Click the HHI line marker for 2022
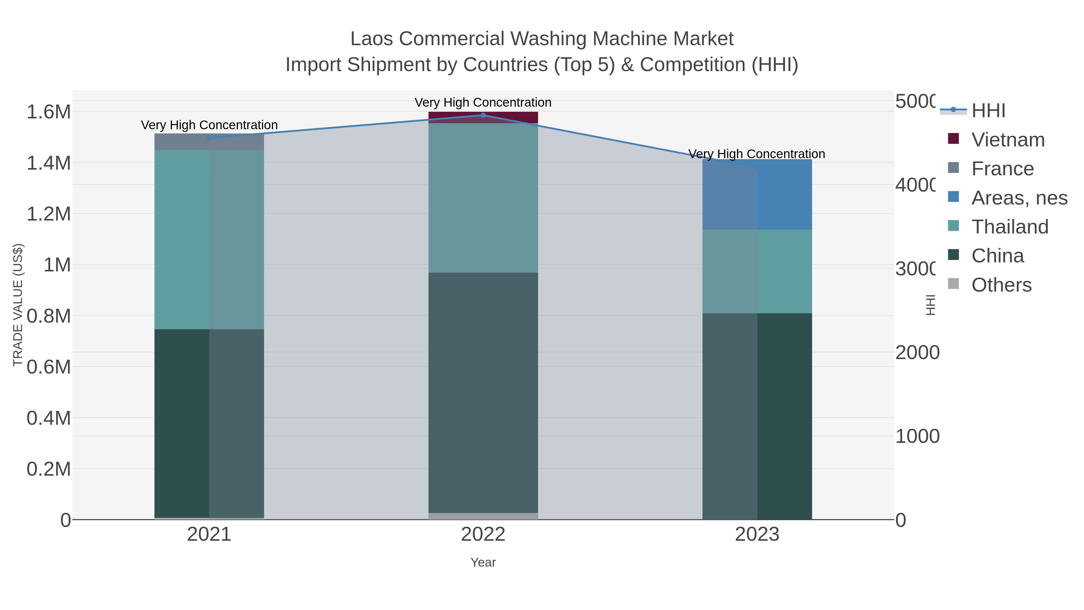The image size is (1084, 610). (x=483, y=115)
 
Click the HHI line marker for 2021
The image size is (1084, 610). (x=209, y=138)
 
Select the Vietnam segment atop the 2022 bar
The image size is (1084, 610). (x=483, y=117)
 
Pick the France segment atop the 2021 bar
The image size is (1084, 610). (x=209, y=142)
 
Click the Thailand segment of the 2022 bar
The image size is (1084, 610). (x=483, y=198)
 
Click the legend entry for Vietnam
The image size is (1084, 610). (x=1008, y=140)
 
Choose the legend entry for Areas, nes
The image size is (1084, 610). (x=1019, y=198)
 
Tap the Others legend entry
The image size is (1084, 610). (x=1001, y=285)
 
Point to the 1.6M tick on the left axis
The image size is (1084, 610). (x=48, y=112)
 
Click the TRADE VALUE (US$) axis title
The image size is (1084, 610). (x=18, y=305)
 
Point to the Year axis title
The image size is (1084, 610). (x=483, y=562)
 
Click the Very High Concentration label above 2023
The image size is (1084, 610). (x=757, y=154)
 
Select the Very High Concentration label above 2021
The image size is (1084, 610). (x=209, y=125)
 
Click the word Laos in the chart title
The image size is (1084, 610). (x=371, y=39)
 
